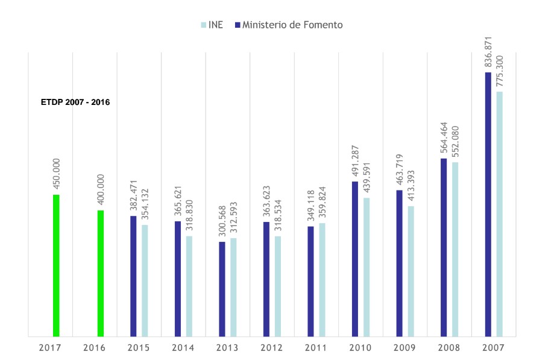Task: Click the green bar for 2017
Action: [56, 265]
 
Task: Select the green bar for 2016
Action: [101, 273]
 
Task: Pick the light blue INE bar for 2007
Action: [499, 213]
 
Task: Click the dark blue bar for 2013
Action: [222, 289]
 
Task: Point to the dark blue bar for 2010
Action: [355, 259]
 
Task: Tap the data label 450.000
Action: [57, 174]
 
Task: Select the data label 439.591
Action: [367, 177]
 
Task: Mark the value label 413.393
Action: [411, 186]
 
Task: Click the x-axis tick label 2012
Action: [272, 348]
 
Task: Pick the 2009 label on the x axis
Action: [405, 348]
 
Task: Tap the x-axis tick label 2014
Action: [183, 348]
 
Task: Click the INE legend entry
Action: [212, 25]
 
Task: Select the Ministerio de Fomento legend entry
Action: [289, 25]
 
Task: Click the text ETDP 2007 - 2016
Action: [75, 103]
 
